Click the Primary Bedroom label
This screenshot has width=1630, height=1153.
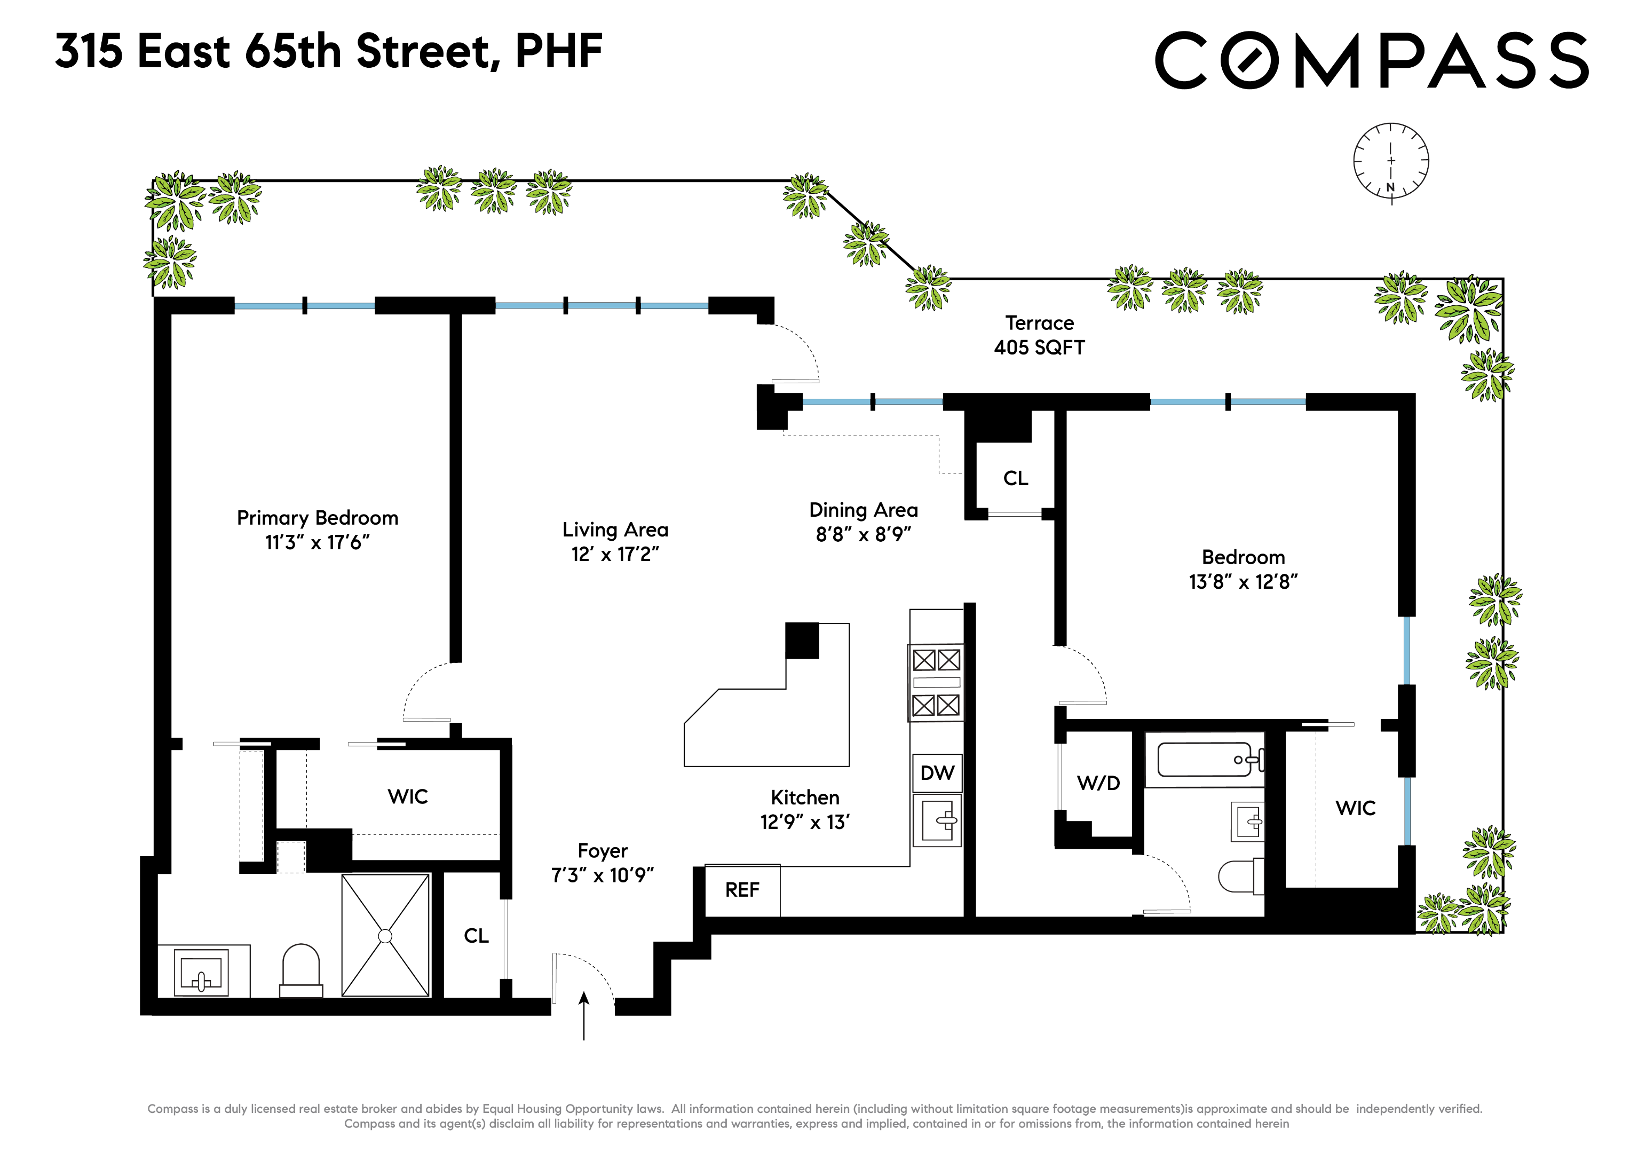pos(318,518)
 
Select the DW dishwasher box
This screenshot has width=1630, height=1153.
pos(937,773)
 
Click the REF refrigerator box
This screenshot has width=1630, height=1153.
pos(742,890)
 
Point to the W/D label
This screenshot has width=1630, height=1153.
pos(1098,783)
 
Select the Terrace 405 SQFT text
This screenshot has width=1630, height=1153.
pos(1039,335)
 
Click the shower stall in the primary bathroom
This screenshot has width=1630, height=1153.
pos(385,936)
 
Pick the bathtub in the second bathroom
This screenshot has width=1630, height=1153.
pos(1205,760)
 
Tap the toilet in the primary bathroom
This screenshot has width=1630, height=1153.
pos(301,970)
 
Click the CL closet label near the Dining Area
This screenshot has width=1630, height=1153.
pos(1015,478)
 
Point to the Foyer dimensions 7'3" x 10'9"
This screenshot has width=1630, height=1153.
pos(602,875)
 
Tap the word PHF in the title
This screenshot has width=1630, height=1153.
pos(559,51)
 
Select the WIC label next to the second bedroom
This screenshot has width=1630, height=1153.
pos(1355,808)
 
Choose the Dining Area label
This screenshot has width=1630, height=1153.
pos(863,510)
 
